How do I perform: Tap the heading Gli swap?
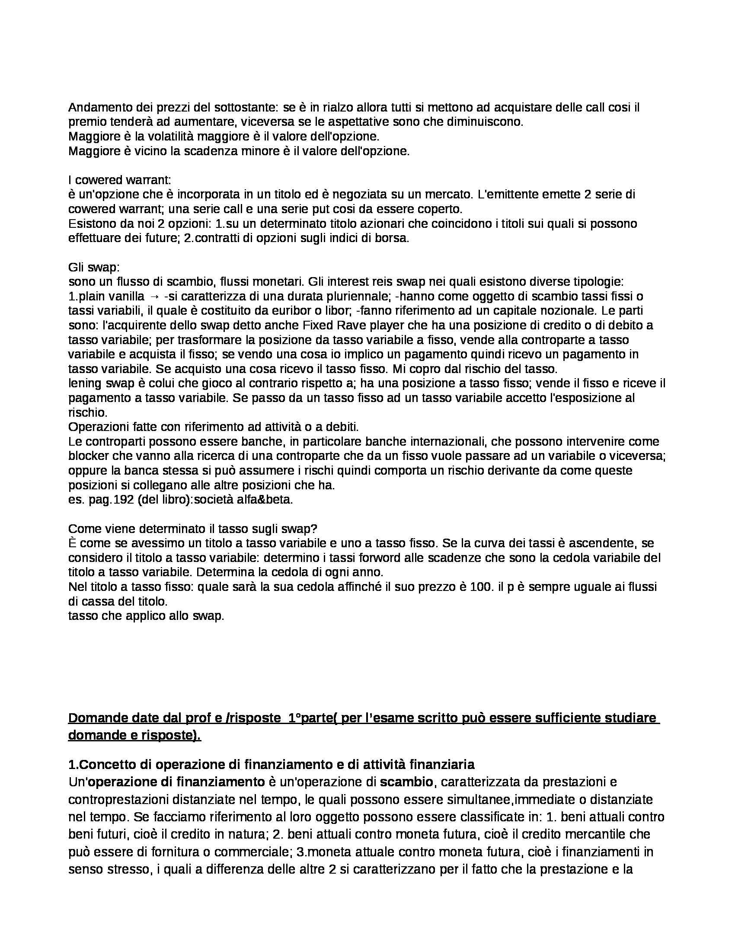tap(94, 267)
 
